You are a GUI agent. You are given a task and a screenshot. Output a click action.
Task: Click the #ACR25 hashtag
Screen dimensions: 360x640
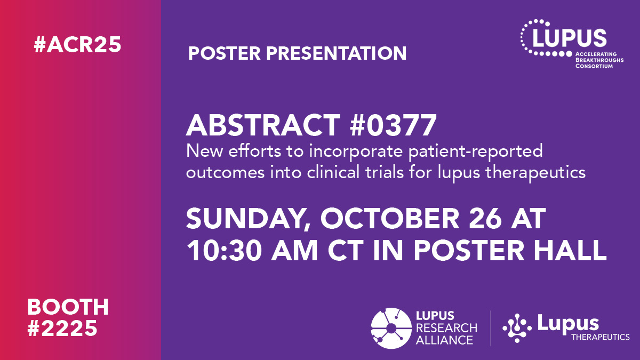point(77,45)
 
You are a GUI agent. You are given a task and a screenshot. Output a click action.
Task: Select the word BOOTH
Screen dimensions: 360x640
point(68,307)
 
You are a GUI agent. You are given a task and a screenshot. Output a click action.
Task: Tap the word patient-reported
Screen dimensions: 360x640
point(470,151)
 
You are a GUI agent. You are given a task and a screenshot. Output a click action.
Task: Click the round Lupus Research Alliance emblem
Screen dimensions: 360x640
point(391,327)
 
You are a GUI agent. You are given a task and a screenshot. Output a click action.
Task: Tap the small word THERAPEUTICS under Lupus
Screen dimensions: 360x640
point(600,337)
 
